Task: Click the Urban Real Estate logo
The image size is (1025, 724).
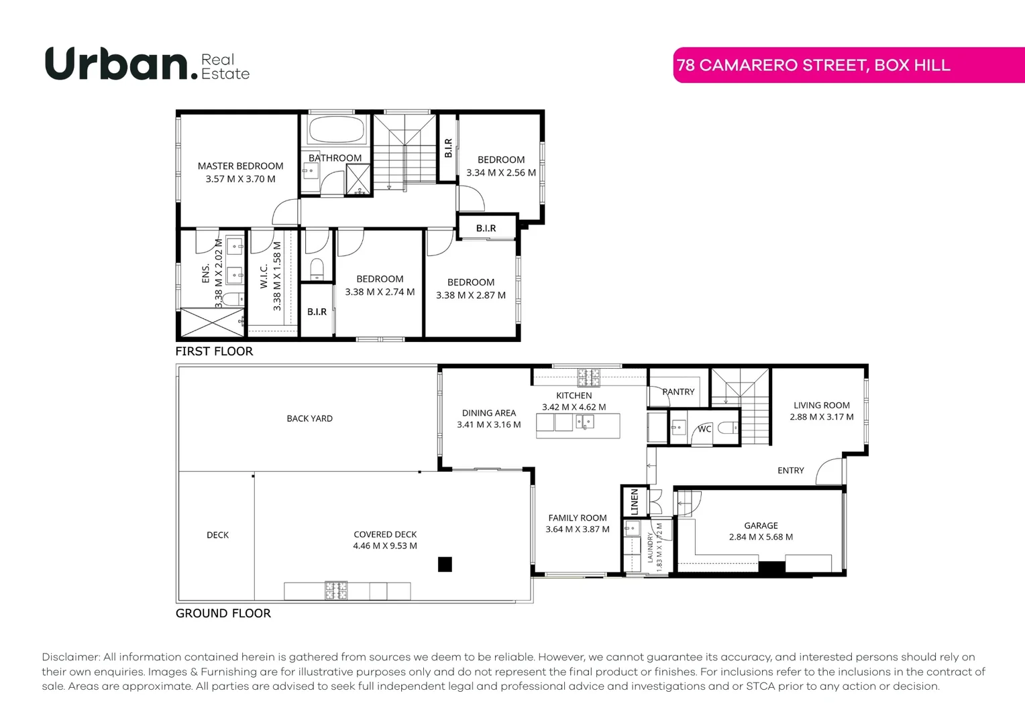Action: [x=147, y=64]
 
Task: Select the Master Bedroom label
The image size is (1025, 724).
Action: [x=240, y=166]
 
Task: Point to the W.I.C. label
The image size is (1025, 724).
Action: [x=264, y=276]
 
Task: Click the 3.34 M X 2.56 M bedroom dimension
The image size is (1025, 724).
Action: [x=501, y=173]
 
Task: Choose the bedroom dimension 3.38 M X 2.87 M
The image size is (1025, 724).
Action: [x=470, y=296]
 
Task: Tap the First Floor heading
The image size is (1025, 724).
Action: [x=214, y=351]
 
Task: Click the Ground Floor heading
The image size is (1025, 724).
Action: [x=223, y=613]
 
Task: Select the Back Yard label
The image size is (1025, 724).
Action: [x=309, y=418]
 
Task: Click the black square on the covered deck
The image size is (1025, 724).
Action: [x=445, y=564]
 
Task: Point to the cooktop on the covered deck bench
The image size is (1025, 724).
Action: [x=336, y=590]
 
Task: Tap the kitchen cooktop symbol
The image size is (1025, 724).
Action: [x=589, y=378]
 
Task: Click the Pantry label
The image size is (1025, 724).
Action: [x=678, y=391]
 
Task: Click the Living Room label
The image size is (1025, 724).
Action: [x=821, y=405]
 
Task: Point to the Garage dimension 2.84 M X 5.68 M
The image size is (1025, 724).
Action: [x=761, y=537]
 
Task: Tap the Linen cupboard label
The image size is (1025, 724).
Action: [x=635, y=501]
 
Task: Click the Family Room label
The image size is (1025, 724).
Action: [x=577, y=518]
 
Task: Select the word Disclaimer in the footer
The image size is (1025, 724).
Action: [x=70, y=657]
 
